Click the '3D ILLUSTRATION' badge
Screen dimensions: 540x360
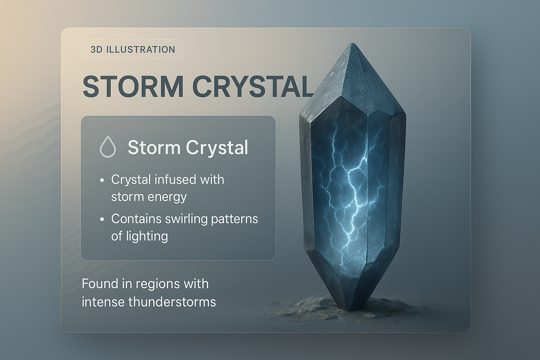[132, 49]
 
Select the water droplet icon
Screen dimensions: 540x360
[108, 147]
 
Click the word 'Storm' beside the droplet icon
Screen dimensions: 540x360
[154, 147]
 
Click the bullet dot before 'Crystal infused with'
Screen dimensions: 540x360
[102, 180]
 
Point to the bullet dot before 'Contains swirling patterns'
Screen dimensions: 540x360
[102, 219]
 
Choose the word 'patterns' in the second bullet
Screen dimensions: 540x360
[234, 219]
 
